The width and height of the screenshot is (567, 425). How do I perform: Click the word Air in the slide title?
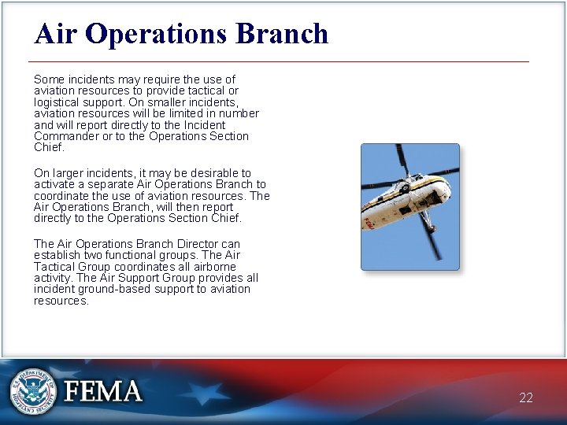click(x=55, y=34)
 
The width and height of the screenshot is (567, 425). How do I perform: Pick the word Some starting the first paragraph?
click(x=48, y=79)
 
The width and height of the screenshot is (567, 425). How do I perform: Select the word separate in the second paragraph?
click(x=108, y=184)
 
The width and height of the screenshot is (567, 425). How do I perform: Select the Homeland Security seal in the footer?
click(x=33, y=391)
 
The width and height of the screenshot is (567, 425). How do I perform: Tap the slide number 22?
click(x=526, y=397)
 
